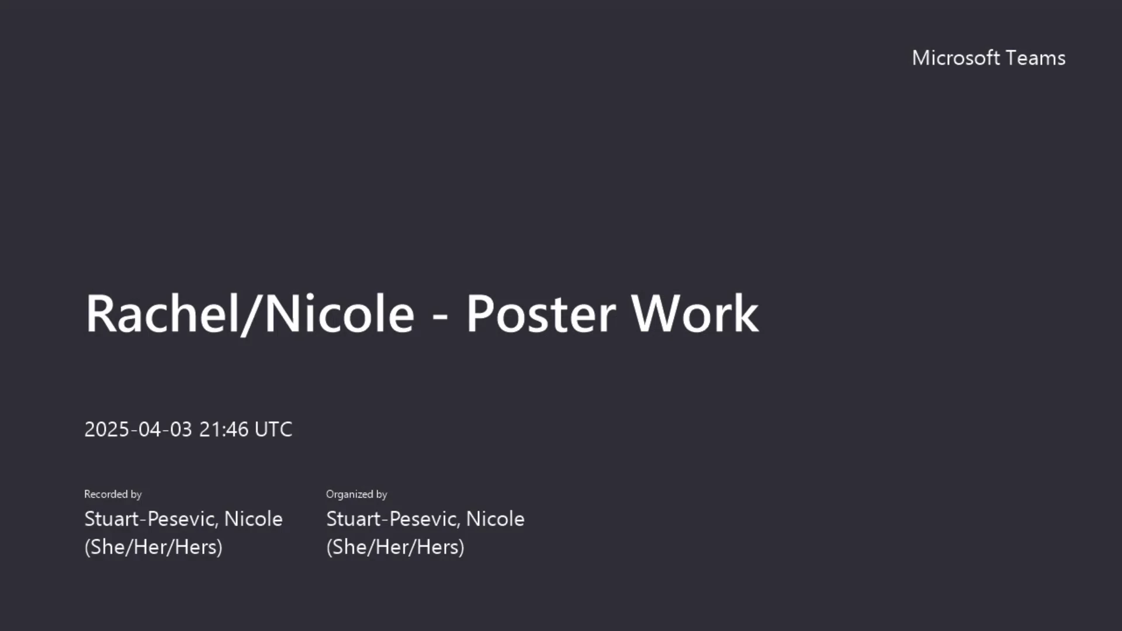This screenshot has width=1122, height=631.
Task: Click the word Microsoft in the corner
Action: (956, 58)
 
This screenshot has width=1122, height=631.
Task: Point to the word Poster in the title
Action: (541, 314)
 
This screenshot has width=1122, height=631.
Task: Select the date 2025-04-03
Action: (138, 429)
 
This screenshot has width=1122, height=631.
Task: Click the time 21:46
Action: (224, 429)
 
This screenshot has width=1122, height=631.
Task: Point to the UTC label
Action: (273, 429)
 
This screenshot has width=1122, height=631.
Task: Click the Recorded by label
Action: (113, 494)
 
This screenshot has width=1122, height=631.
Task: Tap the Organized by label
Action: (356, 494)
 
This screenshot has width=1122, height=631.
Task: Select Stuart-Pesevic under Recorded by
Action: (151, 519)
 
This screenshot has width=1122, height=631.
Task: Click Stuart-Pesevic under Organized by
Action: (393, 519)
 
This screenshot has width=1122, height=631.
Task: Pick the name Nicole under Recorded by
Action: (254, 519)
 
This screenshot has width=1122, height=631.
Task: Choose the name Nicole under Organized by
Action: (496, 519)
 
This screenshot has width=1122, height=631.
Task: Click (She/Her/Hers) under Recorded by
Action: (154, 547)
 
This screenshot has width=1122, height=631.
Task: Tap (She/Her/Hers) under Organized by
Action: (396, 547)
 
